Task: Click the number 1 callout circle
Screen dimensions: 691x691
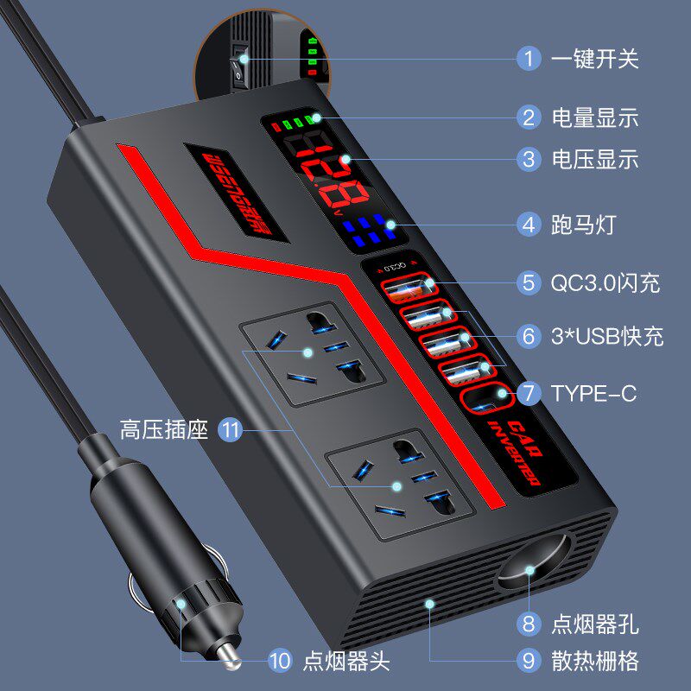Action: click(x=529, y=59)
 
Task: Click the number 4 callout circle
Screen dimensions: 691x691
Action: click(x=529, y=225)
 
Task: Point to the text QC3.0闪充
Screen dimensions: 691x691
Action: click(x=605, y=282)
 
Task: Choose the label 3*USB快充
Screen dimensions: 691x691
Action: click(x=607, y=336)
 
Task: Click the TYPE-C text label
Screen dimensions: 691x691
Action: click(x=593, y=394)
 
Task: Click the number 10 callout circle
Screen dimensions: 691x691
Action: click(x=279, y=662)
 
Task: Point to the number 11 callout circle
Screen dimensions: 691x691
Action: click(x=230, y=429)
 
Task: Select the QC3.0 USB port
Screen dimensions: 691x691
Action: click(x=406, y=288)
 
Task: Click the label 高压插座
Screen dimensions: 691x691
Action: click(x=165, y=429)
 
